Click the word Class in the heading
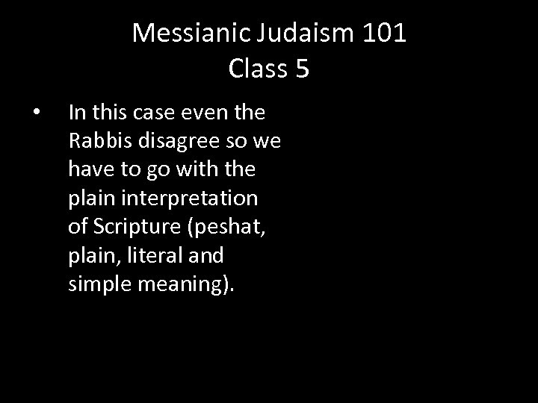point(256,69)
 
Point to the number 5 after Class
point(302,69)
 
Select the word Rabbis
point(96,141)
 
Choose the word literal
point(155,256)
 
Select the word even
point(197,113)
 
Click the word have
point(87,169)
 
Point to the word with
point(201,169)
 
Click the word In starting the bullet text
point(75,113)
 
